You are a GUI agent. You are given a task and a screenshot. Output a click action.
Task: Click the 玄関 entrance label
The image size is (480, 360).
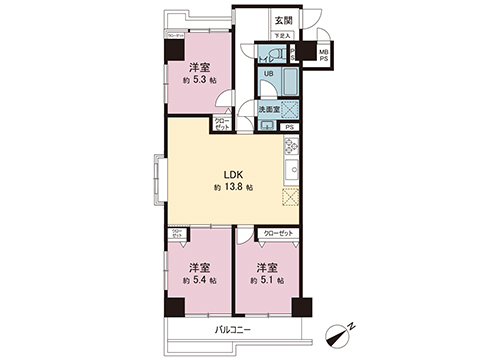tap(284, 20)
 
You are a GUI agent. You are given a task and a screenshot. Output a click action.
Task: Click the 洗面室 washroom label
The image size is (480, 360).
tap(268, 107)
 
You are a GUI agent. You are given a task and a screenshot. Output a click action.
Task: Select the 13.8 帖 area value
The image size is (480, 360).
tap(233, 187)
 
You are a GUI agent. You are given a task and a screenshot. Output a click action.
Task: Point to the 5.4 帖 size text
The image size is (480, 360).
tap(200, 281)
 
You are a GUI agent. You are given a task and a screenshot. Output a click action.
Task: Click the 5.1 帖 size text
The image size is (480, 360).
tap(267, 281)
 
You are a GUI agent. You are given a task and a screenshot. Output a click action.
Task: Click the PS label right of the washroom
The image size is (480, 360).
tap(289, 126)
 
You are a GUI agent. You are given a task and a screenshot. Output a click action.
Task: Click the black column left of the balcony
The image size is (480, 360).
tap(175, 306)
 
